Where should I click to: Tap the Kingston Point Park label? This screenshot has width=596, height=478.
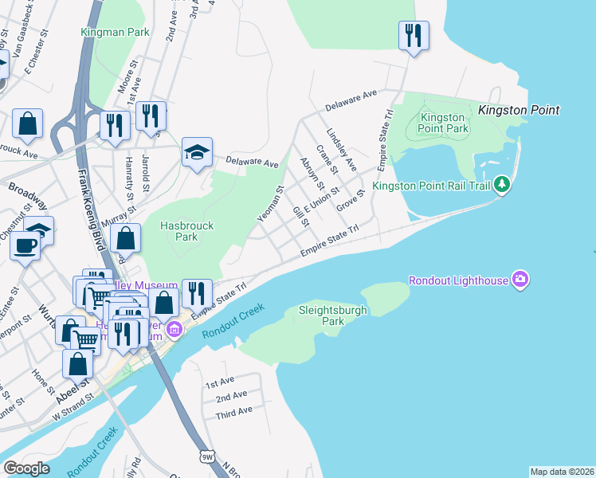444,123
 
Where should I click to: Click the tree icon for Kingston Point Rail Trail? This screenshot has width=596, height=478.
501,185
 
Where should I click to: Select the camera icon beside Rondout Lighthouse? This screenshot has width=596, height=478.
520,279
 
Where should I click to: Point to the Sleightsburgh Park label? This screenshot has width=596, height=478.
332,315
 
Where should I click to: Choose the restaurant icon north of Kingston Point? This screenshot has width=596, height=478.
414,34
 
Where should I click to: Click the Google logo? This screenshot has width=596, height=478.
26,468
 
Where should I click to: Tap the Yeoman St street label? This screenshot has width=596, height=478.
271,204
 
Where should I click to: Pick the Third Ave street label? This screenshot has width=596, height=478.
233,410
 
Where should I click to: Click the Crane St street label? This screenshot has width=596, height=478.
327,159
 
